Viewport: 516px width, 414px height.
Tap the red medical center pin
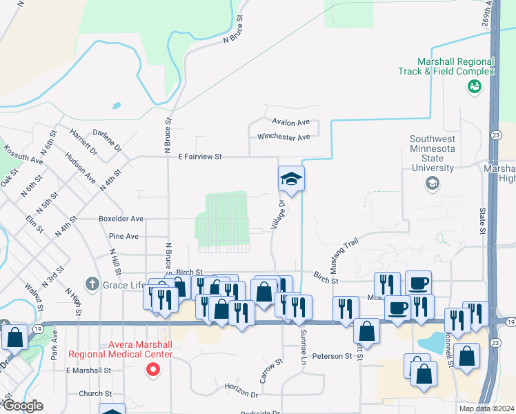point(154,370)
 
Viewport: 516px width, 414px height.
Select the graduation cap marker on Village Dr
point(291,180)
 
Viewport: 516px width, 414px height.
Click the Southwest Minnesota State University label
point(433,152)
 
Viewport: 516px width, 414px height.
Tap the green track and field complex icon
point(474,86)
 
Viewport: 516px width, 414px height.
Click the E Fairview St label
point(199,157)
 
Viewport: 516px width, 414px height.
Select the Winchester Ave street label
point(284,137)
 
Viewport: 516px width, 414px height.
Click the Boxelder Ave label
point(121,219)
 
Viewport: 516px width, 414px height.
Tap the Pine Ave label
point(123,236)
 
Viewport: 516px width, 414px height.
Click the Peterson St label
point(332,356)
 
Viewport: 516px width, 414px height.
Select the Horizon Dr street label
point(241,391)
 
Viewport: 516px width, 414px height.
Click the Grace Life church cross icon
point(92,284)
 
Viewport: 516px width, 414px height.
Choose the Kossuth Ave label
point(23,155)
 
